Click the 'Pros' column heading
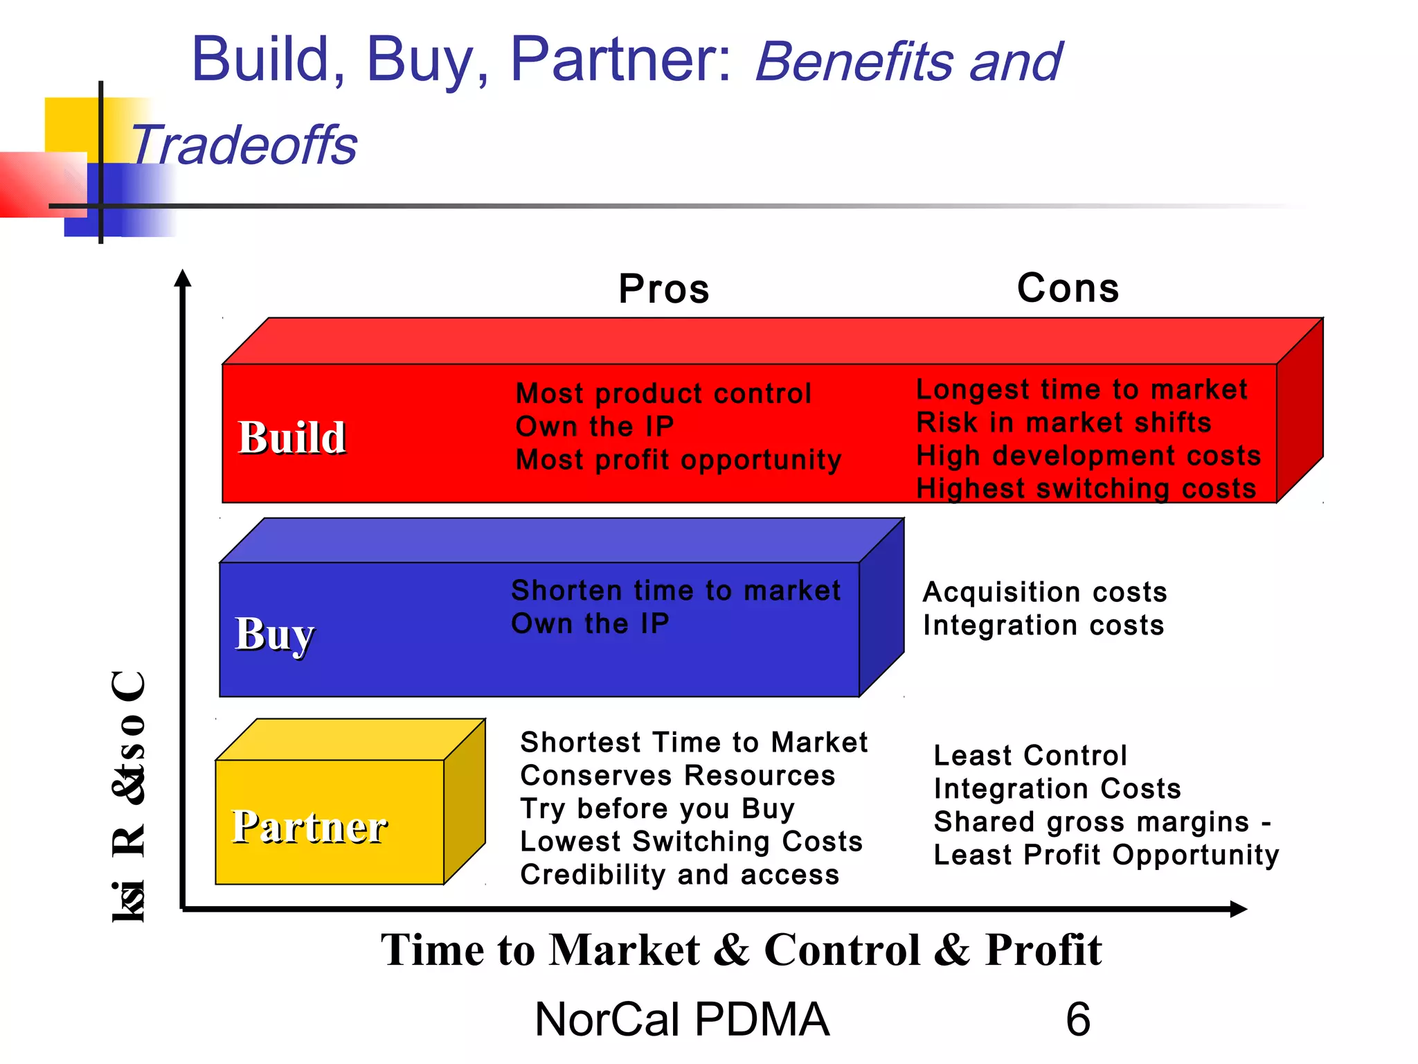pos(664,289)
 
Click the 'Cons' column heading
pos(1068,288)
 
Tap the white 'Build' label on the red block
pos(291,438)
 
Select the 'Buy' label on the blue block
pos(274,634)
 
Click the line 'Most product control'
pos(663,393)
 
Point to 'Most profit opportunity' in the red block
pos(679,459)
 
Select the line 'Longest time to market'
pos(1082,389)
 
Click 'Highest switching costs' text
pos(1086,488)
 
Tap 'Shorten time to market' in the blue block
pos(676,590)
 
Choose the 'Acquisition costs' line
pos(1045,592)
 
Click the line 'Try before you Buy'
pos(657,808)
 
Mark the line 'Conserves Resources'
pos(678,775)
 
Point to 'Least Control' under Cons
pos(1030,755)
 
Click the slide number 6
pos(1078,1019)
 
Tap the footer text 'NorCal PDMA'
pos(682,1019)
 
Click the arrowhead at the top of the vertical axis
pos(183,278)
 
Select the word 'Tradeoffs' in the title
pos(244,145)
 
